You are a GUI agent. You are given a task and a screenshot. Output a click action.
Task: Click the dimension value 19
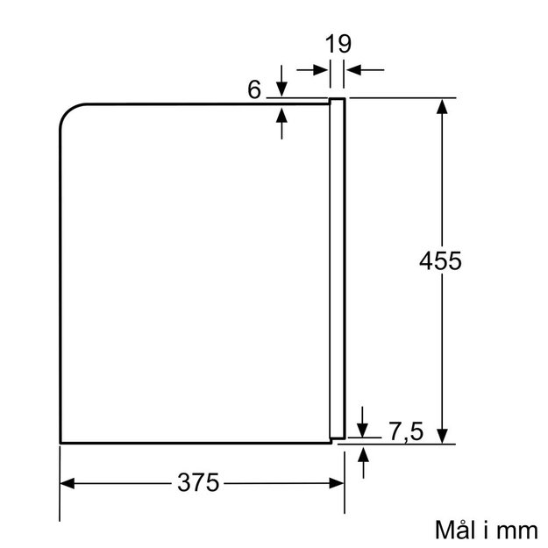(x=338, y=44)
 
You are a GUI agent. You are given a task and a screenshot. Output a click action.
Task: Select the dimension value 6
(x=254, y=89)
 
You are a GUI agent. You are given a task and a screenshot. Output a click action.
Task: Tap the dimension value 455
(x=440, y=260)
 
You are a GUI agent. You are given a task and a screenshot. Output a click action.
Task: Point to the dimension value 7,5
(x=406, y=431)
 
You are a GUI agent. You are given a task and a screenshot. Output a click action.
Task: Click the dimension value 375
(x=198, y=482)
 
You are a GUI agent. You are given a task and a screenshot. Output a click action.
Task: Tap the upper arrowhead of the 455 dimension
(x=442, y=106)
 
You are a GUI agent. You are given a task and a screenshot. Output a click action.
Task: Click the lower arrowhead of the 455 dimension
(x=442, y=437)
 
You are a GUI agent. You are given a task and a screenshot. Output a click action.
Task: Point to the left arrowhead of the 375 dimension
(x=68, y=484)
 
